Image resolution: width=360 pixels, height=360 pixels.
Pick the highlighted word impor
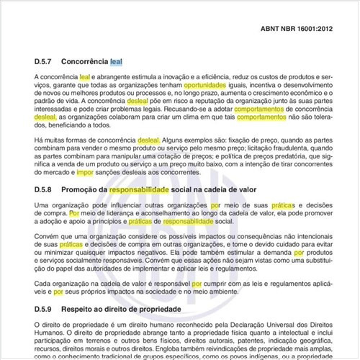(x=85, y=174)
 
